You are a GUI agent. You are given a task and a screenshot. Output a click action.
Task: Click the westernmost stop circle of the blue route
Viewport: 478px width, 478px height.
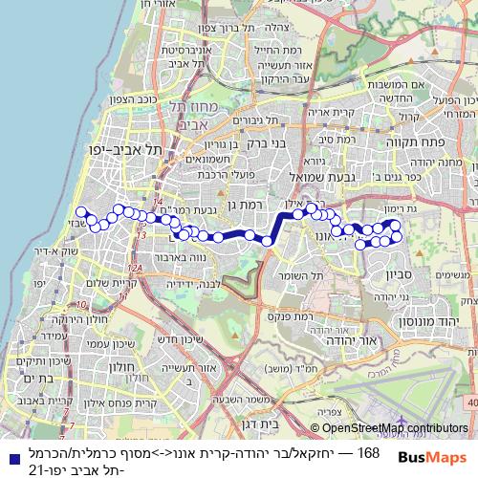(81, 212)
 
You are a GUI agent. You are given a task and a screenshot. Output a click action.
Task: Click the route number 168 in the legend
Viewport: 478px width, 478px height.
(368, 450)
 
